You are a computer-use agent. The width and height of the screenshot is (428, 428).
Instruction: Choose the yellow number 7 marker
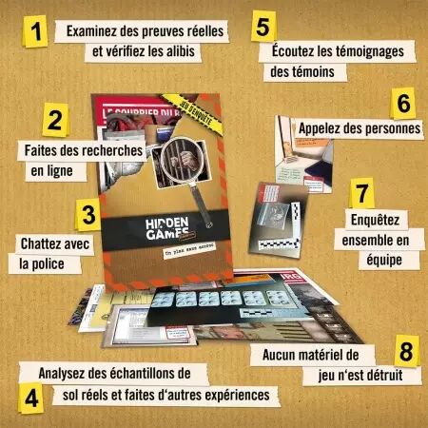(x=360, y=191)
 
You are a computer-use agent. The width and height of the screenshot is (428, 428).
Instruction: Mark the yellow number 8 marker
(x=406, y=349)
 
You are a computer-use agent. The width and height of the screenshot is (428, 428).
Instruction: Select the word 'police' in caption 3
(x=54, y=263)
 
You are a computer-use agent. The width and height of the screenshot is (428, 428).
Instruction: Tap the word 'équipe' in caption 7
(x=379, y=258)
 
